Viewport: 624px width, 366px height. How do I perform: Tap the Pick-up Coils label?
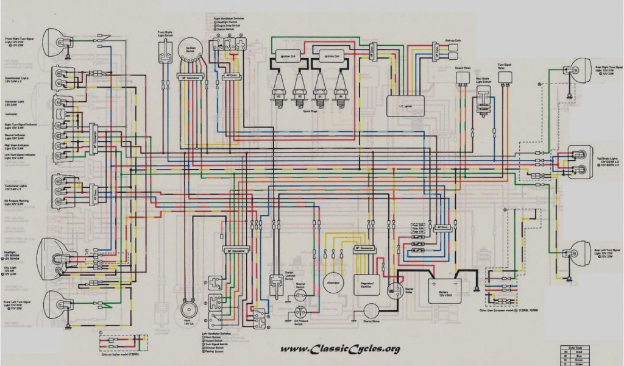[x=452, y=38]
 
